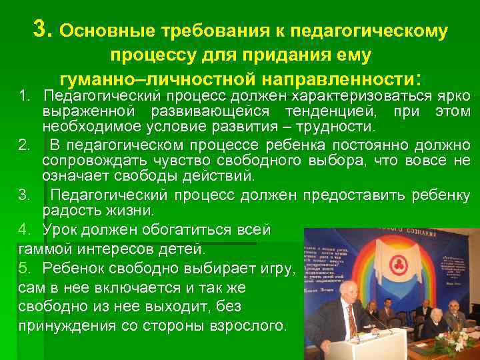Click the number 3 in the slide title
point(41,29)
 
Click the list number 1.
point(23,97)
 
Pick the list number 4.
point(24,230)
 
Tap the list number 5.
point(24,269)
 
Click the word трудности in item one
point(341,127)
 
